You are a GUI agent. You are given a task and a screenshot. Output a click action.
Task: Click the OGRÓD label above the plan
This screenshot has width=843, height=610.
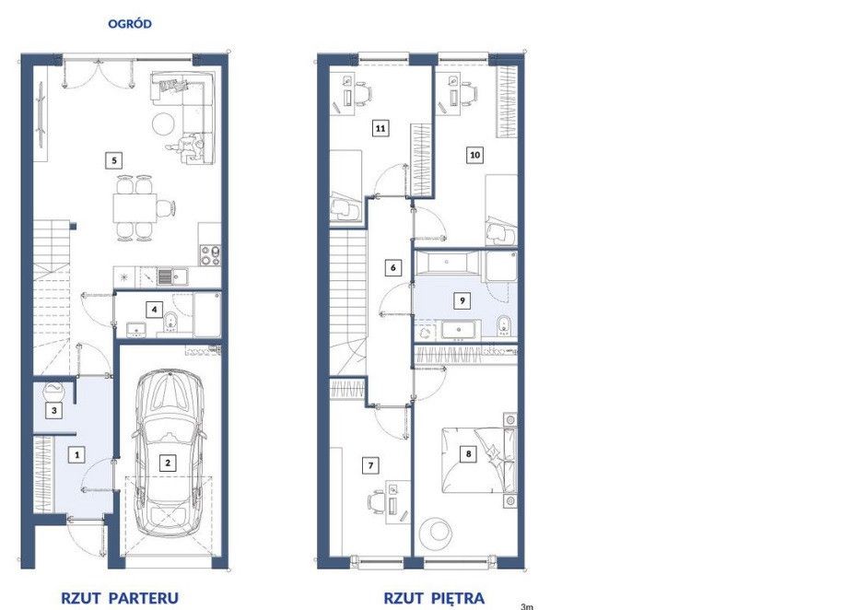point(130,24)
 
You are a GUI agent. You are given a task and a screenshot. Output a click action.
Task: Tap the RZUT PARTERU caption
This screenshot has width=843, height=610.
point(120,597)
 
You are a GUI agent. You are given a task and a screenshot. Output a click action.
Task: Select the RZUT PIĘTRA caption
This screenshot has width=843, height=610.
point(434,598)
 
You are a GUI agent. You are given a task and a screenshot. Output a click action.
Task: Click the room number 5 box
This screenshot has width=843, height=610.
point(113,159)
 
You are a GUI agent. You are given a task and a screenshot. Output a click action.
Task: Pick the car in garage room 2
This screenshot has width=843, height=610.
point(169,452)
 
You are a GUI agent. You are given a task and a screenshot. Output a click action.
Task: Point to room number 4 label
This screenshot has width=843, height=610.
point(154,310)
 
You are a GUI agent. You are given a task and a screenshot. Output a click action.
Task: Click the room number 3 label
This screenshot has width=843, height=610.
point(53,411)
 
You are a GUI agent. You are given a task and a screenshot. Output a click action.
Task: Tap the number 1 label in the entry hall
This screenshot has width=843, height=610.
point(76,455)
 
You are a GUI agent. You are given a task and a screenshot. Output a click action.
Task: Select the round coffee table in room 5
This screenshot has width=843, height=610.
point(163,123)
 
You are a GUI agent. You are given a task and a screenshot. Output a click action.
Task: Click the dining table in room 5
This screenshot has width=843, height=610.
point(135,207)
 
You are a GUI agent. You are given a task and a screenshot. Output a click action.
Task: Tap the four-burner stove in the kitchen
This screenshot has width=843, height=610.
point(210,255)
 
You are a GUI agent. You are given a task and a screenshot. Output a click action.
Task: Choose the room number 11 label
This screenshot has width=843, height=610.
point(381,128)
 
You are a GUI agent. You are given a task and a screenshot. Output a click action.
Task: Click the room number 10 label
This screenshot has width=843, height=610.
point(474,155)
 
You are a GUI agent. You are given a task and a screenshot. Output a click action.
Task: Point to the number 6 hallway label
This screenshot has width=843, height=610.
point(393,267)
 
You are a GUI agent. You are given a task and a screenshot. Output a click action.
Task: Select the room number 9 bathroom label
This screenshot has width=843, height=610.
point(462,300)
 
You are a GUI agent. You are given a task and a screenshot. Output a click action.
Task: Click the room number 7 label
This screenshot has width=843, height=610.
point(369,465)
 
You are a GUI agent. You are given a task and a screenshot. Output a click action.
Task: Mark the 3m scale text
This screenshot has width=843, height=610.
point(527,606)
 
